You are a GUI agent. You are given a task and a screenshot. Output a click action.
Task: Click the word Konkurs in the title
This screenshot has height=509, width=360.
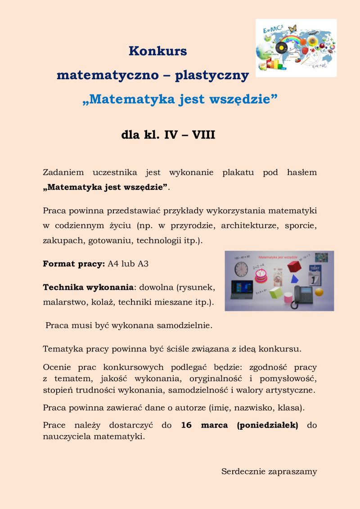(x=157, y=51)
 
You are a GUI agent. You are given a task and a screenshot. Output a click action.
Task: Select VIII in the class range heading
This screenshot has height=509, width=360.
(x=203, y=134)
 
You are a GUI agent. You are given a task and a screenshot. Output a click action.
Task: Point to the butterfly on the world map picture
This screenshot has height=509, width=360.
(x=292, y=28)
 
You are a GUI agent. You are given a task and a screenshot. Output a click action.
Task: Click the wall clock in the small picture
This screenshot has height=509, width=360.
(x=241, y=269)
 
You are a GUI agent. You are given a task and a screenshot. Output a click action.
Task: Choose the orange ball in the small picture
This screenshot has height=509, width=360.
(x=319, y=292)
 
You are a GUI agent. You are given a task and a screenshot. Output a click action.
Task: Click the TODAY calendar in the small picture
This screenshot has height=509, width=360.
(x=315, y=274)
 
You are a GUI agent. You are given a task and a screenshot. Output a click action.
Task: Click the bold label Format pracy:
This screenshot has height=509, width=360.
(x=74, y=264)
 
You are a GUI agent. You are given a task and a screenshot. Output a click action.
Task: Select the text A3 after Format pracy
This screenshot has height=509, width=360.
(x=143, y=264)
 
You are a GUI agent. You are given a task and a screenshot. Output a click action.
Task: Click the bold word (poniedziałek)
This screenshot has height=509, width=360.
(x=268, y=425)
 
